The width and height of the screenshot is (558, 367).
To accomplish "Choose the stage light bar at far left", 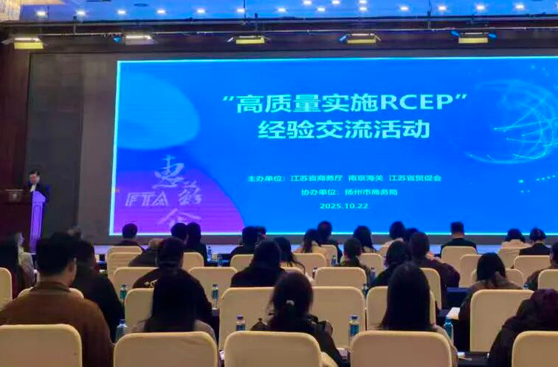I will [x=27, y=43].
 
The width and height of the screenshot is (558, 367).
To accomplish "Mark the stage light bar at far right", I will [x=473, y=38].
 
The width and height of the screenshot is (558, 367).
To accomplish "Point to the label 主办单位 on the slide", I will [x=266, y=178].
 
